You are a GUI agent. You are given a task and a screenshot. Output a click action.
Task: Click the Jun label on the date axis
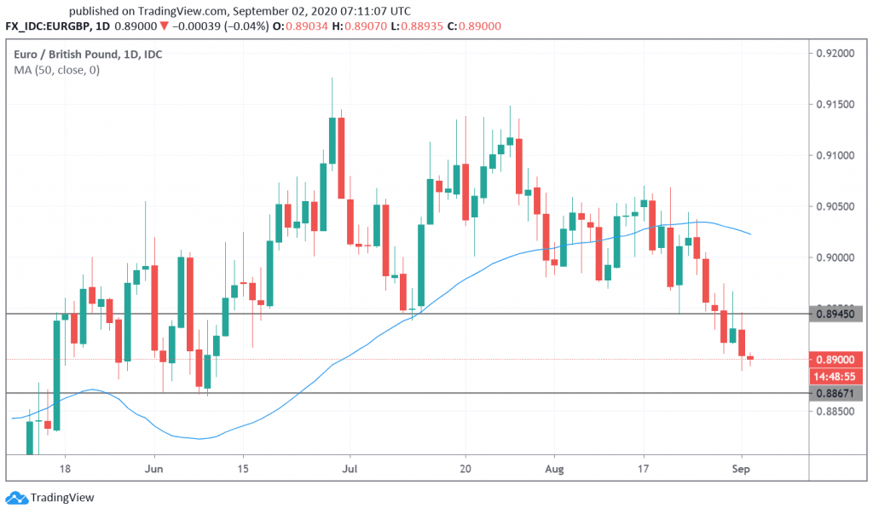154,468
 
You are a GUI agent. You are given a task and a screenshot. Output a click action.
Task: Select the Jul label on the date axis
349,468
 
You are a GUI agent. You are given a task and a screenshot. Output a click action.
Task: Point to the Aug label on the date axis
555,468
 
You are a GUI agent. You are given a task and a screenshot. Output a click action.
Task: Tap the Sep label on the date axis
741,468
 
